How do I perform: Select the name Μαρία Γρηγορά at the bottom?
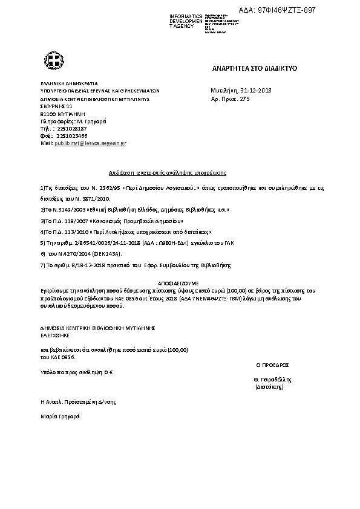60,417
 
